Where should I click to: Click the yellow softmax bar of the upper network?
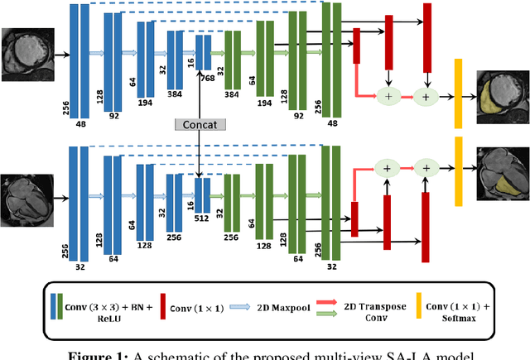click(x=457, y=94)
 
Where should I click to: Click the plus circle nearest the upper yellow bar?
click(x=426, y=98)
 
